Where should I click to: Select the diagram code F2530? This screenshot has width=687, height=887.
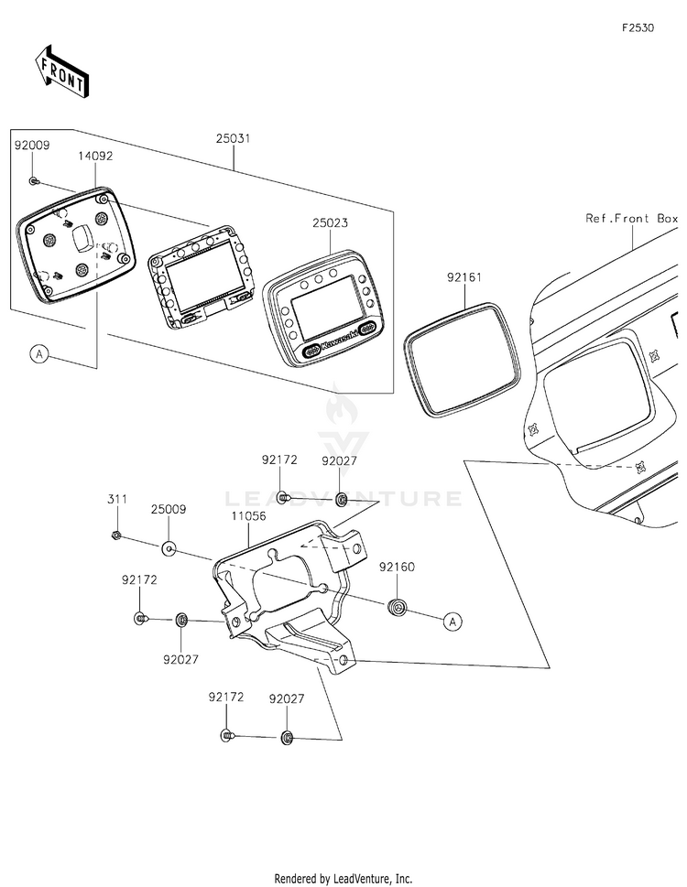point(638,27)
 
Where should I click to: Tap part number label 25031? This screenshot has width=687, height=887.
point(234,138)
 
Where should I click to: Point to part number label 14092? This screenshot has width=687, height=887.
point(95,156)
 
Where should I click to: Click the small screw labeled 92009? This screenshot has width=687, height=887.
point(33,181)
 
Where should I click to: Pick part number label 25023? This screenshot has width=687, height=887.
point(330,222)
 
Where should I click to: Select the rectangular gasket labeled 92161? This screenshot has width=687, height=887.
point(462,359)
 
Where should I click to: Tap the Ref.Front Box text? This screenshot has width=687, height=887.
point(631,219)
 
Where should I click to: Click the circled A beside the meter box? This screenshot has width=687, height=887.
point(39,354)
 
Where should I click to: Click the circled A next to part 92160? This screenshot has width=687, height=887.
point(453,622)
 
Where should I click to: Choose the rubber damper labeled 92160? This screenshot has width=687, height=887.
point(398,607)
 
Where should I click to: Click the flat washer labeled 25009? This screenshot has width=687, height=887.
point(169,548)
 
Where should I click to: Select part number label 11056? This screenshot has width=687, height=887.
point(248,516)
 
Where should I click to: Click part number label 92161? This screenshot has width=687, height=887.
point(464,277)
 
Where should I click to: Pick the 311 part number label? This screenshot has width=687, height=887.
point(117,499)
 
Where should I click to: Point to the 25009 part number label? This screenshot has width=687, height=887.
point(168,509)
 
